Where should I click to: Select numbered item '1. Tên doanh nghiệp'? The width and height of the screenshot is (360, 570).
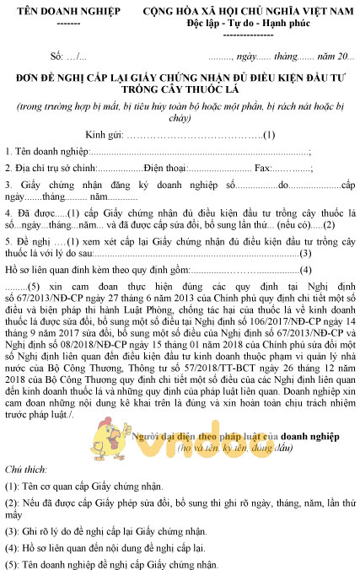point(46,152)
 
